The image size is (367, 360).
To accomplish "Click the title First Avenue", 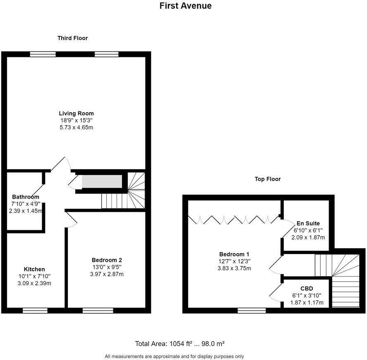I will click(186, 6).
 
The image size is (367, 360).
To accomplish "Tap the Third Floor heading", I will click(72, 38).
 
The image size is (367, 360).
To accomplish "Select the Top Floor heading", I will click(267, 179).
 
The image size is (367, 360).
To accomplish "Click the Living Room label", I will click(76, 113).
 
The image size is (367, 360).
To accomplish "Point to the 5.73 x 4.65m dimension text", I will click(76, 128).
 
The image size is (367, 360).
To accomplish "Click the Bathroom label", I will click(26, 197).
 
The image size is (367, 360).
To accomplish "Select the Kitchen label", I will click(34, 269).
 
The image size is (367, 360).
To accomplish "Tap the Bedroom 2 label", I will click(107, 260).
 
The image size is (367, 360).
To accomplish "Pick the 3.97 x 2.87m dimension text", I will click(107, 274).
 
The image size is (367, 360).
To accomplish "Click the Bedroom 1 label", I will click(234, 254).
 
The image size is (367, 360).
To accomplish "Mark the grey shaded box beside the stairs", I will click(102, 182).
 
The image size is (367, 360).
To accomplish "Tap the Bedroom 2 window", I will click(98, 310).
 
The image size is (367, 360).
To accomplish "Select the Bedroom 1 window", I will click(251, 310).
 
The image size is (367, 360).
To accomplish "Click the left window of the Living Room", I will click(43, 54).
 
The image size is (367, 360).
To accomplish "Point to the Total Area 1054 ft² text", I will click(179, 343).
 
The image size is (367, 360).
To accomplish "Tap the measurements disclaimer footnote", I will click(174, 356).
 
